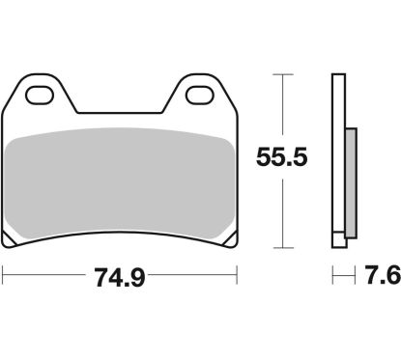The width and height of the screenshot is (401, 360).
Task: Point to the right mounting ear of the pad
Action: click(x=198, y=97)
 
